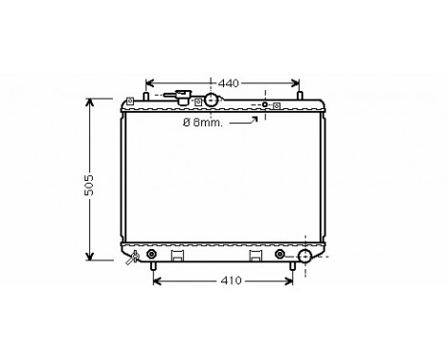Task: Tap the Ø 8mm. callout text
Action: [207, 123]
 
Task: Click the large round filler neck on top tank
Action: [211, 101]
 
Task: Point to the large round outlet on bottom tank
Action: [305, 256]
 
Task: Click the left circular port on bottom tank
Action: [150, 254]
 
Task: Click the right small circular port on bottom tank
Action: [279, 254]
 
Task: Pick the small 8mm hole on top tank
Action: [265, 103]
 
